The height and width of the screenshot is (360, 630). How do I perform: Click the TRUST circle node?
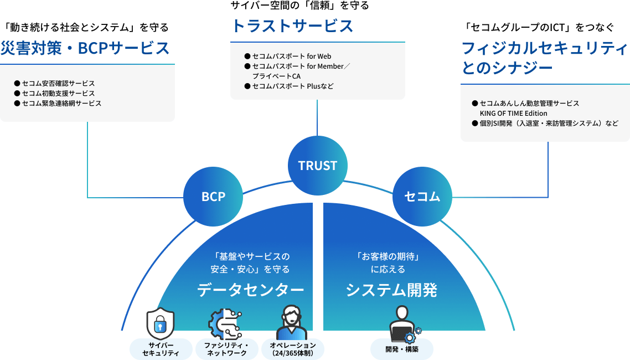317,166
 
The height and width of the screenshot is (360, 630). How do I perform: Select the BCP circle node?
213,197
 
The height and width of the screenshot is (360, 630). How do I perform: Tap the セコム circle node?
422,197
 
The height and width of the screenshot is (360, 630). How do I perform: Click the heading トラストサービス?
292,26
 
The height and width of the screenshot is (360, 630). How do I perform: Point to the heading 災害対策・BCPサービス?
85,49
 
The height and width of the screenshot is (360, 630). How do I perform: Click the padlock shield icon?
160,323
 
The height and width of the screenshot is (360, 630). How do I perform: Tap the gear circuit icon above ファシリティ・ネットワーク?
225,322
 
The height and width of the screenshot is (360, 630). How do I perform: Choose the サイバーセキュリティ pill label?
161,349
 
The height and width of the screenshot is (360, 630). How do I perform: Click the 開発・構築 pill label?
402,349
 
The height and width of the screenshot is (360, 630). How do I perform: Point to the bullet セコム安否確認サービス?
58,84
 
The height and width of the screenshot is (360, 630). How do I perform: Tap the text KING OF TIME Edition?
513,114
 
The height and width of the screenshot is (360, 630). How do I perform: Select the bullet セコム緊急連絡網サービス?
61,104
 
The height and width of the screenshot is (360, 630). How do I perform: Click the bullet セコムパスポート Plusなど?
293,86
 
